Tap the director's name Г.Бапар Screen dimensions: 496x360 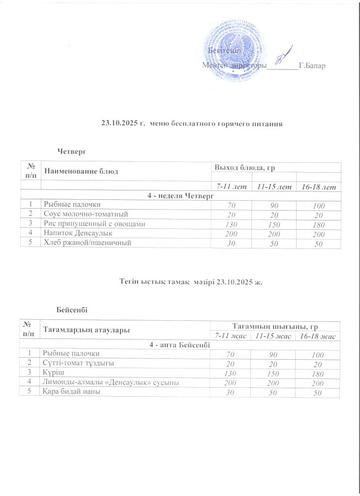(x=313, y=65)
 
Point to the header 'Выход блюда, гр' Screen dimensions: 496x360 (x=244, y=168)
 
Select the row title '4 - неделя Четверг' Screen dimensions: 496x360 (x=180, y=196)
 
